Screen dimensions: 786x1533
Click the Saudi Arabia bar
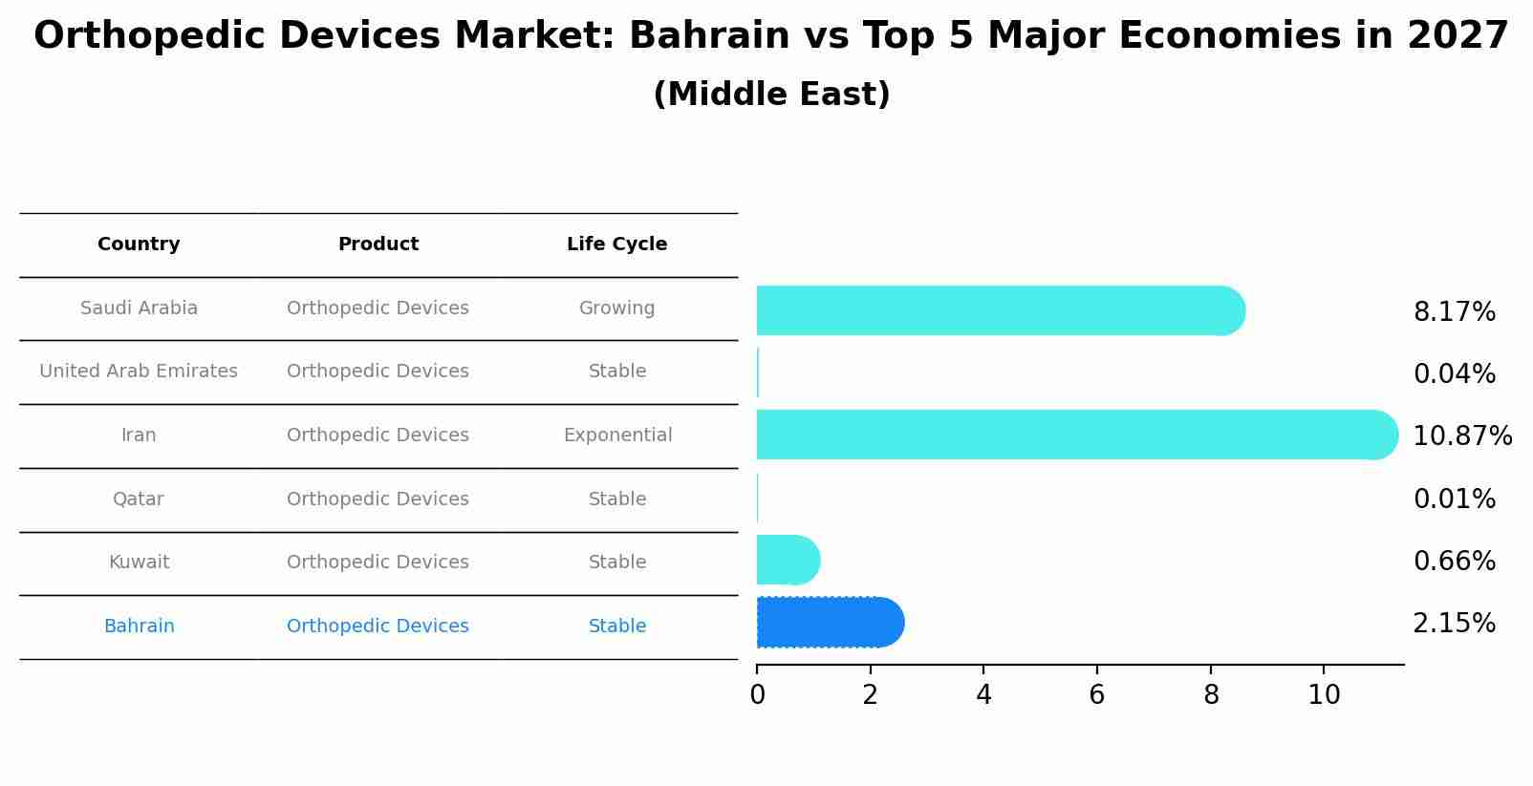tap(1000, 310)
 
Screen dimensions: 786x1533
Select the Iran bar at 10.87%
tap(1076, 435)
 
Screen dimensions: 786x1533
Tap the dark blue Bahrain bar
tap(830, 623)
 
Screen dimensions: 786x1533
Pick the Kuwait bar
tap(788, 560)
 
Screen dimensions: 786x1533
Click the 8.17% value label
tap(1454, 312)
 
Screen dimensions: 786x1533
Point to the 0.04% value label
tap(1454, 374)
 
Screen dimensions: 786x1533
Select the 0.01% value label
tap(1454, 499)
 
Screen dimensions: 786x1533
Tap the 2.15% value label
tap(1454, 624)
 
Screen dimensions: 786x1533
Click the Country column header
tap(139, 244)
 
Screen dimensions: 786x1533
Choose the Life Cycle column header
tap(616, 244)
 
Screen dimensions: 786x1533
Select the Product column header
tap(378, 244)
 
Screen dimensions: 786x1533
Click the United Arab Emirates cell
tap(139, 372)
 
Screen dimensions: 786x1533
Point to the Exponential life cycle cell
tap(617, 435)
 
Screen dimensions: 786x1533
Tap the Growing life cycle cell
tap(616, 308)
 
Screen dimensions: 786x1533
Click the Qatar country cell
tap(139, 499)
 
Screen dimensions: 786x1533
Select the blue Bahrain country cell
tap(139, 627)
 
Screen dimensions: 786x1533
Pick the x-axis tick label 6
tap(1096, 695)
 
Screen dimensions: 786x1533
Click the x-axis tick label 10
tap(1324, 695)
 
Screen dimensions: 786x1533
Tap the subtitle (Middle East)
tap(771, 95)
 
